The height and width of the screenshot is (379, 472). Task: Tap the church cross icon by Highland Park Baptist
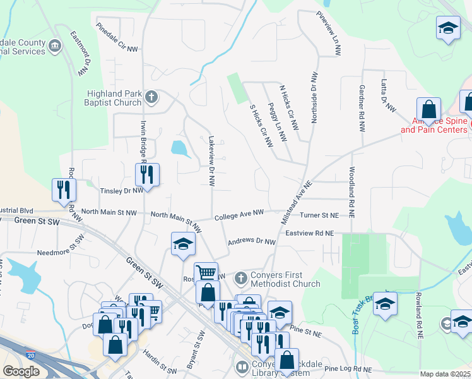(x=151, y=98)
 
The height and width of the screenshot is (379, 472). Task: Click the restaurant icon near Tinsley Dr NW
(x=147, y=174)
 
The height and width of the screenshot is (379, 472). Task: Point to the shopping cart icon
(x=206, y=273)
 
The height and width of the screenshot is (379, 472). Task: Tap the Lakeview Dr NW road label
(x=211, y=162)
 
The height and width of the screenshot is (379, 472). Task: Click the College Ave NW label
(x=239, y=215)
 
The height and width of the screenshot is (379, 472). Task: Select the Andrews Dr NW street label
(x=252, y=242)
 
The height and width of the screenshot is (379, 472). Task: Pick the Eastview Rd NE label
(x=309, y=234)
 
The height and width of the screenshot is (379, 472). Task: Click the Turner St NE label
(x=319, y=215)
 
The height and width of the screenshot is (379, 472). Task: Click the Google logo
(x=21, y=371)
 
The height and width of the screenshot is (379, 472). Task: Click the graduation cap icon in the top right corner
(x=447, y=28)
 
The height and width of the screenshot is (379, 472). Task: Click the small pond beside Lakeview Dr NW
(x=179, y=149)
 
